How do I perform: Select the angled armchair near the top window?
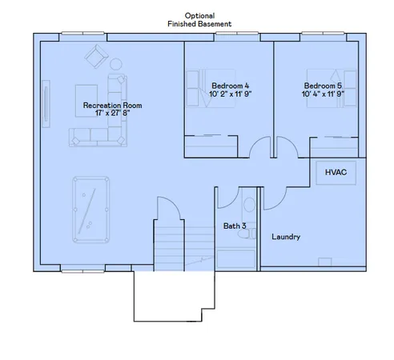coord(98,55)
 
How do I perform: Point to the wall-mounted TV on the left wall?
coord(46,100)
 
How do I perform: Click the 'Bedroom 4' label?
coord(230,86)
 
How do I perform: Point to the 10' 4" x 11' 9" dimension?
coord(329,94)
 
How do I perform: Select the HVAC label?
coord(335,172)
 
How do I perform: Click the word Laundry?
coord(286,237)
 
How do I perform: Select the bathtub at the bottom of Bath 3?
coord(236,258)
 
